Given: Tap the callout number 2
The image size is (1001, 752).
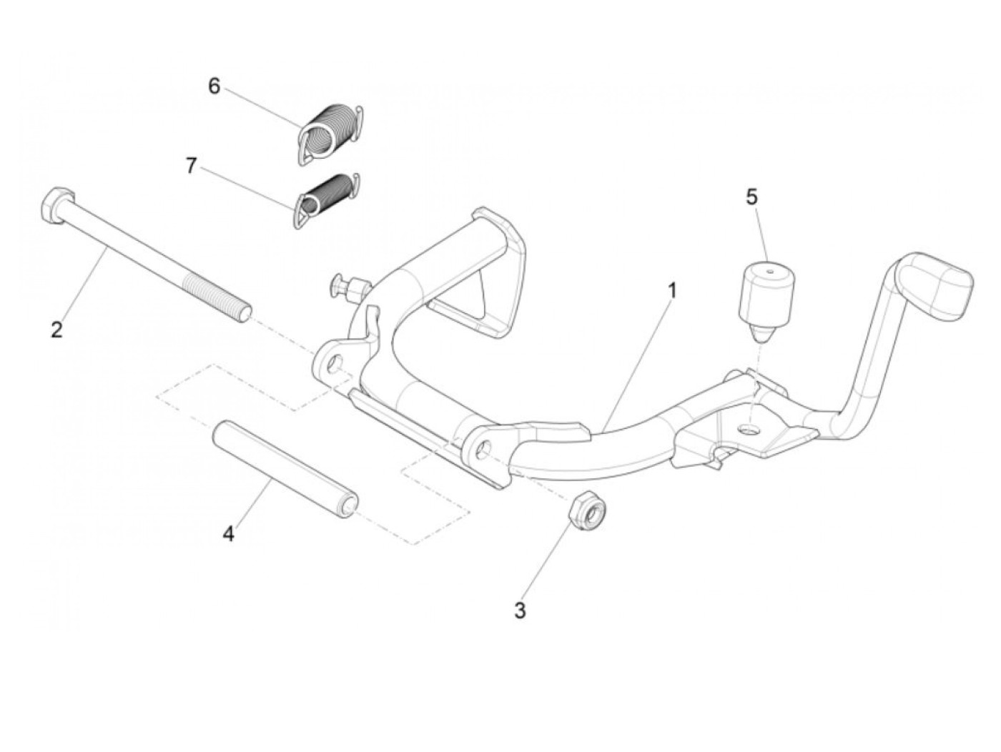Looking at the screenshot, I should point(56,330).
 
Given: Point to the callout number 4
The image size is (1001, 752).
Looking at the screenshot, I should point(228,533).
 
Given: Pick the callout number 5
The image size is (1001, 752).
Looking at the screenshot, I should point(751,197).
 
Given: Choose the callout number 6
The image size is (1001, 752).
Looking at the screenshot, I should point(214,86).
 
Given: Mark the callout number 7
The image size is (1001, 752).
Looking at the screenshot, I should point(190,166).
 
